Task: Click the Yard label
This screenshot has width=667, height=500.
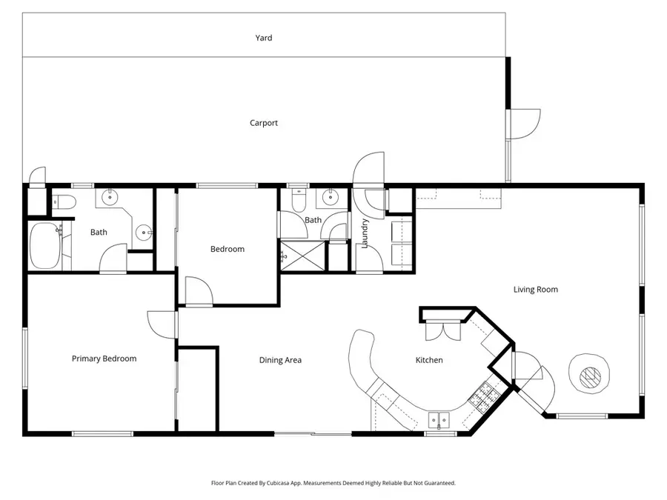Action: click(x=264, y=38)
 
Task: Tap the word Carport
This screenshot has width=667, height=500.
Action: click(x=264, y=123)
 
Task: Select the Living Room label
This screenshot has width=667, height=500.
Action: click(x=535, y=290)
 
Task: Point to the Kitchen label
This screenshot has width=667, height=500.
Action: click(x=428, y=360)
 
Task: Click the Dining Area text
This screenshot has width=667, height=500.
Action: click(x=280, y=360)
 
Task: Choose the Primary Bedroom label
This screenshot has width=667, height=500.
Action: click(x=104, y=359)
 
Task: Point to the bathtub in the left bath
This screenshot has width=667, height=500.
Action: click(x=45, y=246)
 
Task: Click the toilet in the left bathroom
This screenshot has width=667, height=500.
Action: click(x=62, y=201)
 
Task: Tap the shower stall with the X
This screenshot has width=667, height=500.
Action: click(x=302, y=256)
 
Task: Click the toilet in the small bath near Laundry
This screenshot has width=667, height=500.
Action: click(x=298, y=200)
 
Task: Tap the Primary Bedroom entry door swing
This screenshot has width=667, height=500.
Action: click(x=162, y=324)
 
